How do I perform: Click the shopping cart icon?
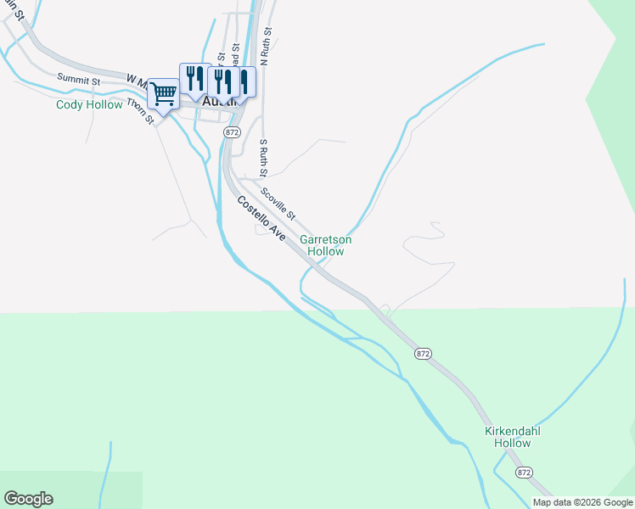coord(163,93)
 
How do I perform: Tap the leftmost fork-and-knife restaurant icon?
coord(194,79)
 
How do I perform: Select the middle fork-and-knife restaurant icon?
coord(222,82)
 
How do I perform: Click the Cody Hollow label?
coord(89,105)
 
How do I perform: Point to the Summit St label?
coord(79,79)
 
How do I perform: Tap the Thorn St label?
coord(140,111)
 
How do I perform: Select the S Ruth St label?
coord(264,153)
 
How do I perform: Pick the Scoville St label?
coord(278,201)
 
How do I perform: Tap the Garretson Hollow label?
coord(325,245)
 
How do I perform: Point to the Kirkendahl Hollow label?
coord(513,437)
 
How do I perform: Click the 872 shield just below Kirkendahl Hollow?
coord(524,471)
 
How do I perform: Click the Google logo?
coord(28,499)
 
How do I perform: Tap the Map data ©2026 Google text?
coord(582,502)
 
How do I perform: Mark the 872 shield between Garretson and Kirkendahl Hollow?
coord(424,352)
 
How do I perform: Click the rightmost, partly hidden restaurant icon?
coord(244,82)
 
